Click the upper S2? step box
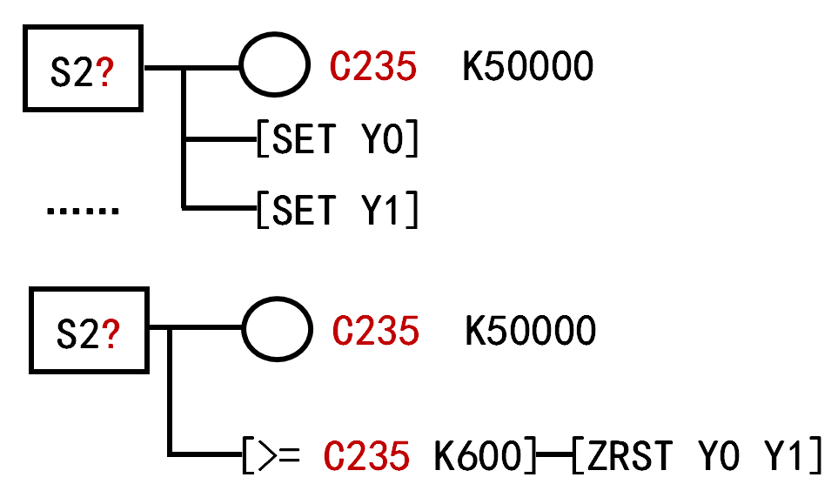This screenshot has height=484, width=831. point(84,68)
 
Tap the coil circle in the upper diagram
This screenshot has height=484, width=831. point(274,66)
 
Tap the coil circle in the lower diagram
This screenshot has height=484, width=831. point(276,331)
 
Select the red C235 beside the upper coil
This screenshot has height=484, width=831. point(373,67)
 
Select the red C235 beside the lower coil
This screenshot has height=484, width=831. point(376,331)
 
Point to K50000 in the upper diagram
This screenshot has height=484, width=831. point(527,67)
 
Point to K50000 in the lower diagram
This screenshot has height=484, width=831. point(531,331)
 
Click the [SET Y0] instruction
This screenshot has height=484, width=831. point(338,139)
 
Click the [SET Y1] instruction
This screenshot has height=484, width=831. point(338,210)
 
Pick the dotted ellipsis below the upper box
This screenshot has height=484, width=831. point(82,211)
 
